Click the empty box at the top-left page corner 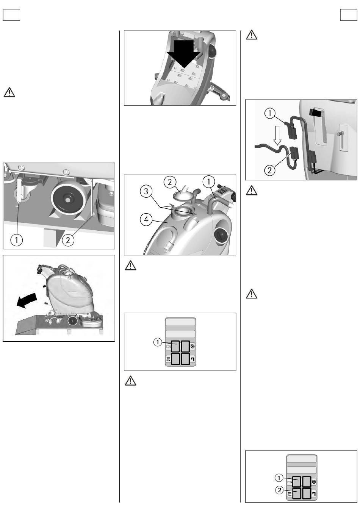point(11,15)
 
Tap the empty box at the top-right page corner point(348,15)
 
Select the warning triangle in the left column point(9,92)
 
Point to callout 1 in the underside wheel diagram point(16,240)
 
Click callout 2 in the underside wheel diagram point(68,240)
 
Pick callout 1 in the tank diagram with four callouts point(209,182)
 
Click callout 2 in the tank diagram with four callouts point(170,182)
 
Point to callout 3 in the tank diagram point(147,191)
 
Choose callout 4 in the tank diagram point(147,219)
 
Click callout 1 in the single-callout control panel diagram point(157,342)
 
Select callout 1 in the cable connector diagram point(270,113)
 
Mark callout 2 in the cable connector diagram point(270,170)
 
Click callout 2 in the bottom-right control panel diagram point(279,491)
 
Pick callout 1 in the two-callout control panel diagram point(279,478)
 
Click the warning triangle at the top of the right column point(252,35)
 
